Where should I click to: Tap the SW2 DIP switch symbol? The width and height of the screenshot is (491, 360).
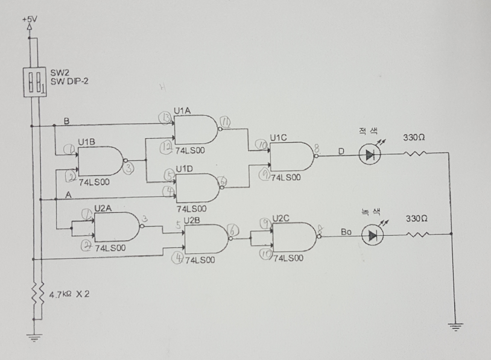tap(34, 82)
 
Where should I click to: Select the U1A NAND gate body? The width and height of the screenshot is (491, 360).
tap(193, 130)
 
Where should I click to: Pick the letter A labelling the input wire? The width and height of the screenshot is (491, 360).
tap(68, 194)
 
